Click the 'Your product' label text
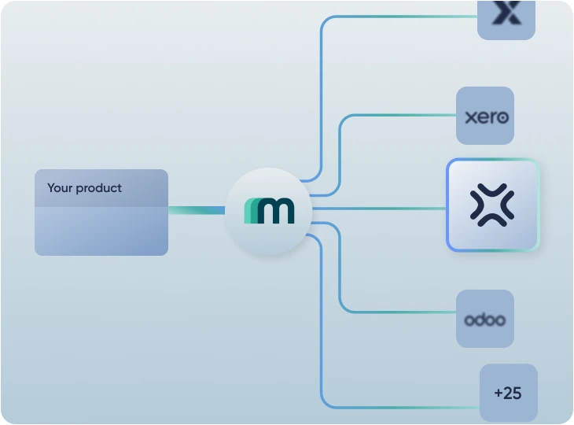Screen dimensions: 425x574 (84, 188)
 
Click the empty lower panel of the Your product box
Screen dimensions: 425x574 (101, 231)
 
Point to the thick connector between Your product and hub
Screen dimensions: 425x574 (196, 210)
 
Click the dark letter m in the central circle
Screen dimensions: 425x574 (277, 211)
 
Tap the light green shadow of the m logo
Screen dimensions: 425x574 (249, 211)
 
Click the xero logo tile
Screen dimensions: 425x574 (485, 116)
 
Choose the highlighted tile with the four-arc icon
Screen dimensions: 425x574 (492, 205)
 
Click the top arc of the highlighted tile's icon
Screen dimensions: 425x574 (492, 190)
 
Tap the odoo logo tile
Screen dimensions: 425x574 (485, 319)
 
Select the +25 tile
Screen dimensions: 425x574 (509, 392)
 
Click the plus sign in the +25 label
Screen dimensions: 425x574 (499, 393)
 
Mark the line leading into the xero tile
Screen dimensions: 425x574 (401, 115)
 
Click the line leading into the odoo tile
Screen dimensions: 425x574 (401, 312)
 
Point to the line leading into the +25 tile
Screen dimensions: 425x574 (401, 407)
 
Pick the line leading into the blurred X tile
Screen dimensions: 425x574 (401, 16)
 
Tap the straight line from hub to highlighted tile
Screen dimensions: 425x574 (377, 209)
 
